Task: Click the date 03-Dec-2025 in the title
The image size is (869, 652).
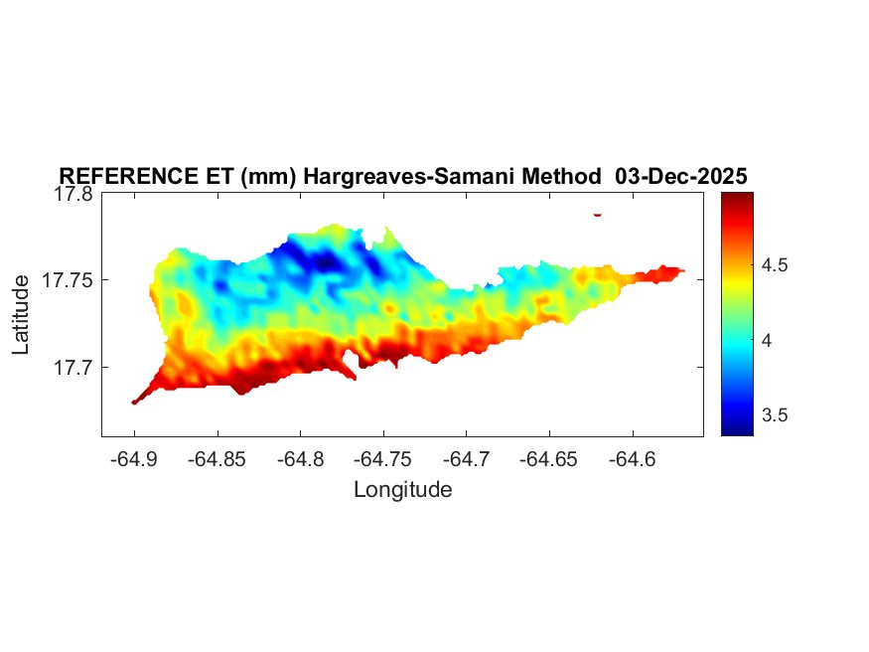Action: pos(681,177)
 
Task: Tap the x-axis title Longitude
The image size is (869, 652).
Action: pos(402,489)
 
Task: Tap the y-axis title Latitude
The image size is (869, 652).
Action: pos(21,315)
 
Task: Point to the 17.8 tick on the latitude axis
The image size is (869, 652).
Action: pos(73,195)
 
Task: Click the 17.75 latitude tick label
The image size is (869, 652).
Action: pos(69,280)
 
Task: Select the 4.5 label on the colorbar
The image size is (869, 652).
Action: pos(775,265)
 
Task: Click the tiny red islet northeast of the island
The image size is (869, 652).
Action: pos(598,214)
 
